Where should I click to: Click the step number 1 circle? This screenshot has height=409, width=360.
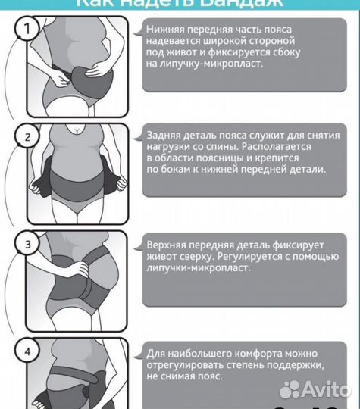pos(29,30)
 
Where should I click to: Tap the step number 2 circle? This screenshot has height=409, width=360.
pos(29,138)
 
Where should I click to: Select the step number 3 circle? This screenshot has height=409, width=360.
pos(29,245)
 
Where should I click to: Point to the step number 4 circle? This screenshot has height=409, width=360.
pos(29,351)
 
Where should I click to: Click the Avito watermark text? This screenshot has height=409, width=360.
pos(327,389)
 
